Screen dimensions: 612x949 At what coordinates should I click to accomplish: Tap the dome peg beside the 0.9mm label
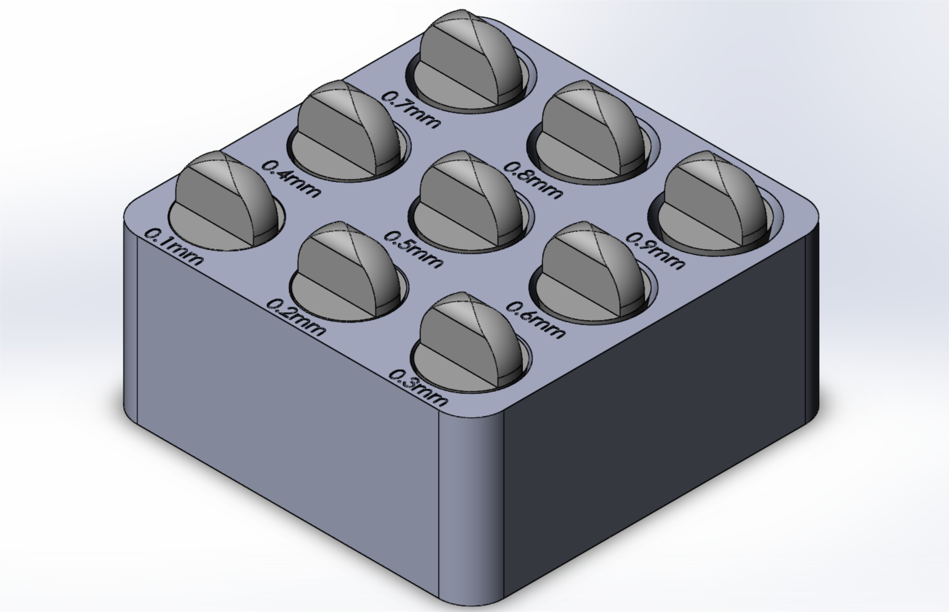tap(715, 199)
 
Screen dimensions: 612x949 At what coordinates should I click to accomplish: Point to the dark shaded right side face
tap(655, 417)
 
